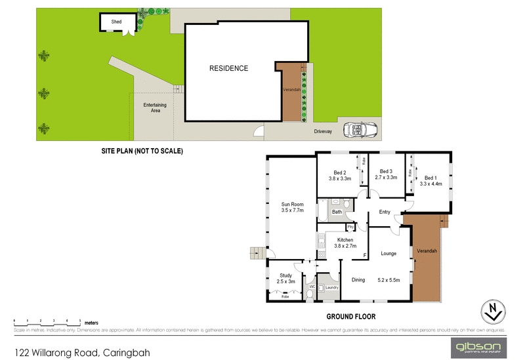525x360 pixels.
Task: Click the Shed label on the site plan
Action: [x=116, y=22]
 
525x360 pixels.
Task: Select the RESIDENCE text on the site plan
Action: [x=228, y=68]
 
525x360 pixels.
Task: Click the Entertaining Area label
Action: [x=155, y=108]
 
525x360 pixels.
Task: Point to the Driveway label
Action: [x=323, y=132]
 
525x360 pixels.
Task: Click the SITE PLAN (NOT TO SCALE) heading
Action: [x=141, y=151]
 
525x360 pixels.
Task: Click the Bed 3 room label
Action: [x=387, y=172]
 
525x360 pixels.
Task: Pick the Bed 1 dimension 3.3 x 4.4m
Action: [x=431, y=184]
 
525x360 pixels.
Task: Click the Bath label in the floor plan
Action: [x=337, y=212]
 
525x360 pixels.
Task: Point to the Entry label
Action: [x=385, y=212]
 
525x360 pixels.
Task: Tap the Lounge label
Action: [x=388, y=253]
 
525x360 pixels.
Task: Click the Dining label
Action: [x=358, y=280]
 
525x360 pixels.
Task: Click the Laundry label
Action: [x=331, y=287]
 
